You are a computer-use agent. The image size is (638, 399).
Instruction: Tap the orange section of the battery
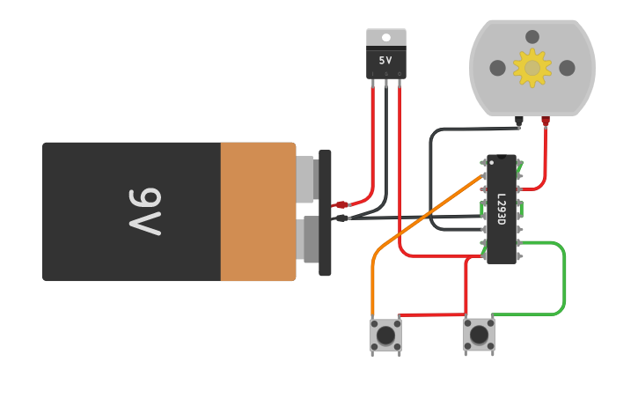[x=258, y=211]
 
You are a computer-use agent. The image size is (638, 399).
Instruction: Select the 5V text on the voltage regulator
[x=385, y=61]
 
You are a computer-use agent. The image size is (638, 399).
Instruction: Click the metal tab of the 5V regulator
[x=386, y=37]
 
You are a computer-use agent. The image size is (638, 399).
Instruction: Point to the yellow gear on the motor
[x=532, y=68]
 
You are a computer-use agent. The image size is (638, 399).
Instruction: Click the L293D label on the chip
[x=501, y=209]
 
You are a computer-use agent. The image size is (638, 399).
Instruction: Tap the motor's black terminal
[x=519, y=120]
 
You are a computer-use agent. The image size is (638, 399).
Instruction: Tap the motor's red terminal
[x=546, y=120]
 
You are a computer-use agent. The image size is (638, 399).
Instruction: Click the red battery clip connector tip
[x=341, y=204]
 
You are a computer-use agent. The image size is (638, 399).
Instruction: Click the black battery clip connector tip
[x=341, y=218]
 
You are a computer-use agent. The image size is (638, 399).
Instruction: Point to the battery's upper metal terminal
[x=305, y=179]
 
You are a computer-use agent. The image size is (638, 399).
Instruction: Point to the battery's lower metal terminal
[x=307, y=240]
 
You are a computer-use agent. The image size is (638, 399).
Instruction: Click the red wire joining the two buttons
[x=431, y=314]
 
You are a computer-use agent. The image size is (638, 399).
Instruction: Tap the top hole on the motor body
[x=532, y=37]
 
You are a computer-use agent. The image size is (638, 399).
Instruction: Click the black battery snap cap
[x=325, y=211]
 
